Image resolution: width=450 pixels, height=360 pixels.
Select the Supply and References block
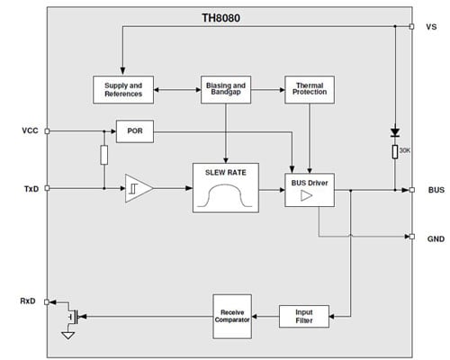coord(123,89)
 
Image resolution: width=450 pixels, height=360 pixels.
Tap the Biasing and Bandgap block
coord(225,89)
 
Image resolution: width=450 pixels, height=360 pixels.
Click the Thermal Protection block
coord(309,89)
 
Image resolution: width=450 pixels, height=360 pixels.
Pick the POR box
coord(135,130)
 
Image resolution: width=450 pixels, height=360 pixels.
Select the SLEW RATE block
coord(225,187)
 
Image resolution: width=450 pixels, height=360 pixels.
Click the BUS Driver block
coord(308,189)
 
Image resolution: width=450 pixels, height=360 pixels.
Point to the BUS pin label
coord(434,190)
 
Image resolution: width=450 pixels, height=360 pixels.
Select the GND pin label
coord(434,238)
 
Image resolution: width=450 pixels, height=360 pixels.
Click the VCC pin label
coord(28,130)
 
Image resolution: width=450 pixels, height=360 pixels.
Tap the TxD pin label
coord(28,189)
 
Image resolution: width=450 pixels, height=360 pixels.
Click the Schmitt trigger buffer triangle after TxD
coord(138,189)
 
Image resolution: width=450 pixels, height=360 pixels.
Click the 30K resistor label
coord(406,151)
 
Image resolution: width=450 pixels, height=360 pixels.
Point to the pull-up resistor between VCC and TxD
coord(104,156)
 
